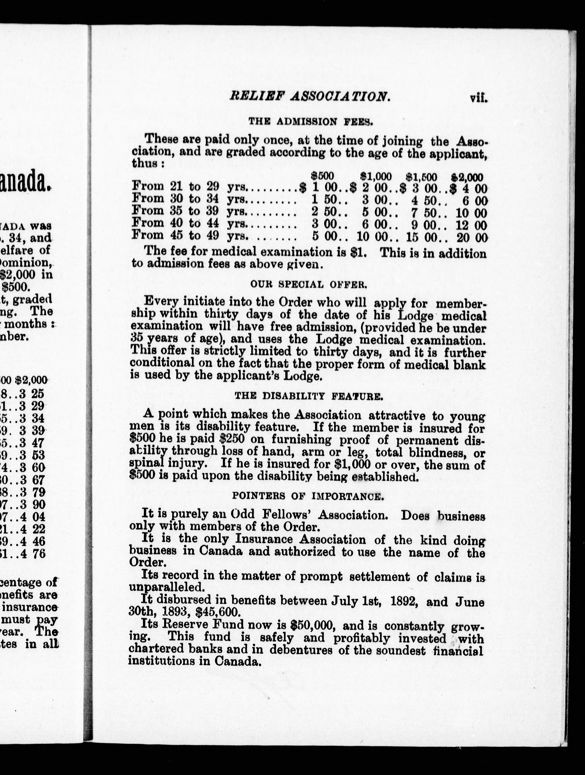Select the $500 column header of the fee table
click(323, 176)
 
